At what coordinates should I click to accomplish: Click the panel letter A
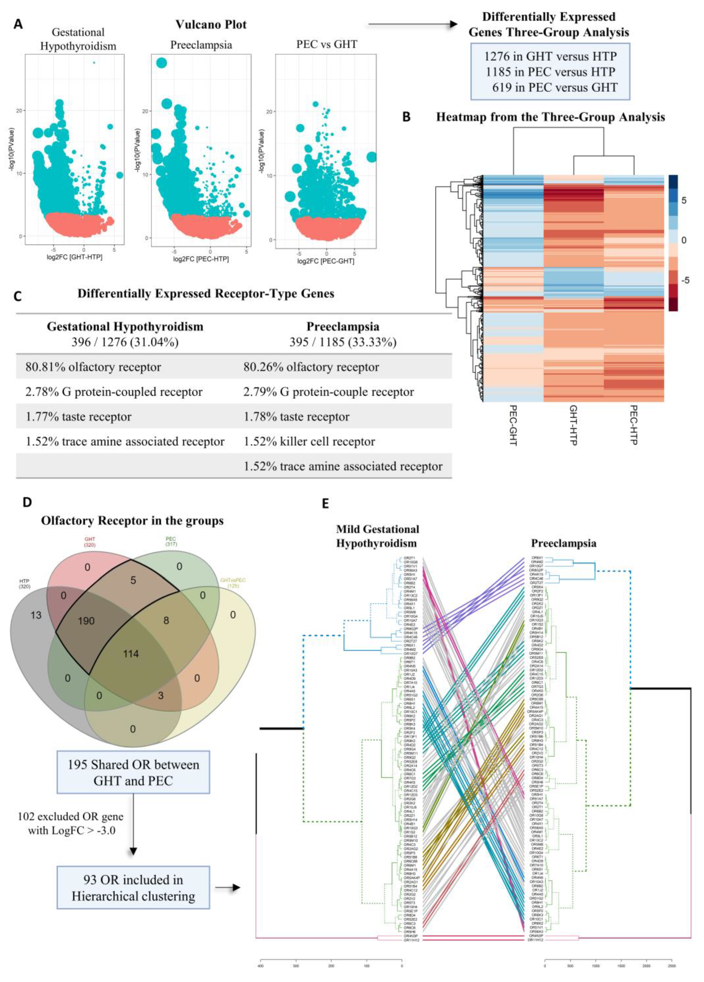tap(18, 24)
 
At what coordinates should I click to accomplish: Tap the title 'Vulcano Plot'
tap(211, 24)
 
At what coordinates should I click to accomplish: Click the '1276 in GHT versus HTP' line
tap(550, 56)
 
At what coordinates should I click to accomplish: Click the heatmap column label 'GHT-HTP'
tap(573, 425)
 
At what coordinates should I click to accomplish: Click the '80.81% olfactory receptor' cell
tap(93, 367)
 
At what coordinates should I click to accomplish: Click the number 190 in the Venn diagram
tap(86, 621)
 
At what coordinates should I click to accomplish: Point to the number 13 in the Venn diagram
tap(36, 615)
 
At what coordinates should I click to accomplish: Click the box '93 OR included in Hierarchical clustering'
tap(133, 888)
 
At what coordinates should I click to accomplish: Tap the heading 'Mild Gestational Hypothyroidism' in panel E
tap(377, 536)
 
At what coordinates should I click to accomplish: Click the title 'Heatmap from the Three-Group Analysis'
tap(550, 117)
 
